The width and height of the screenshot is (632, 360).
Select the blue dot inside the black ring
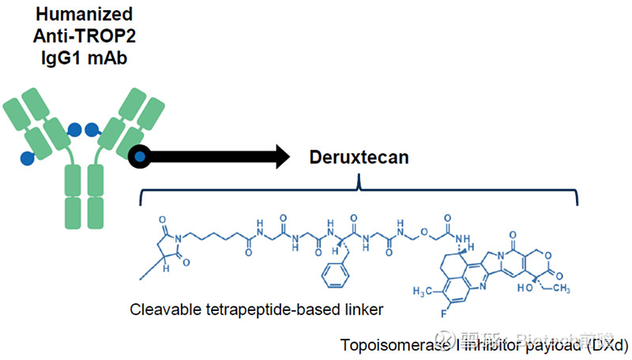tap(140, 156)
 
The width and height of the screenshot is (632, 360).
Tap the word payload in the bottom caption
tap(547, 346)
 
